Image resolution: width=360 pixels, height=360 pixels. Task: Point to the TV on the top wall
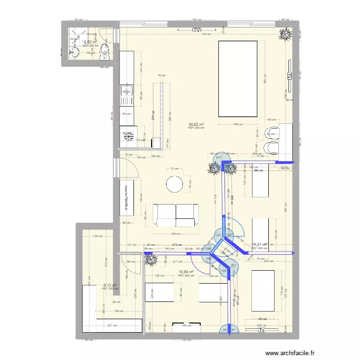[197, 30]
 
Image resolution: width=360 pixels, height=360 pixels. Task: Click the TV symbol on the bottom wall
[262, 330]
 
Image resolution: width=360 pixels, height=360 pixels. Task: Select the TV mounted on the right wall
[289, 70]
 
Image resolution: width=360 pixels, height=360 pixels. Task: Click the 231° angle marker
[234, 266]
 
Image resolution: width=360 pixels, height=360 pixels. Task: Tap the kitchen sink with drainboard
[127, 98]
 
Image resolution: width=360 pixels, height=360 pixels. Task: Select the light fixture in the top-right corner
[287, 33]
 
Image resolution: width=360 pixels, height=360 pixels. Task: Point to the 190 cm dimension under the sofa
[176, 234]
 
